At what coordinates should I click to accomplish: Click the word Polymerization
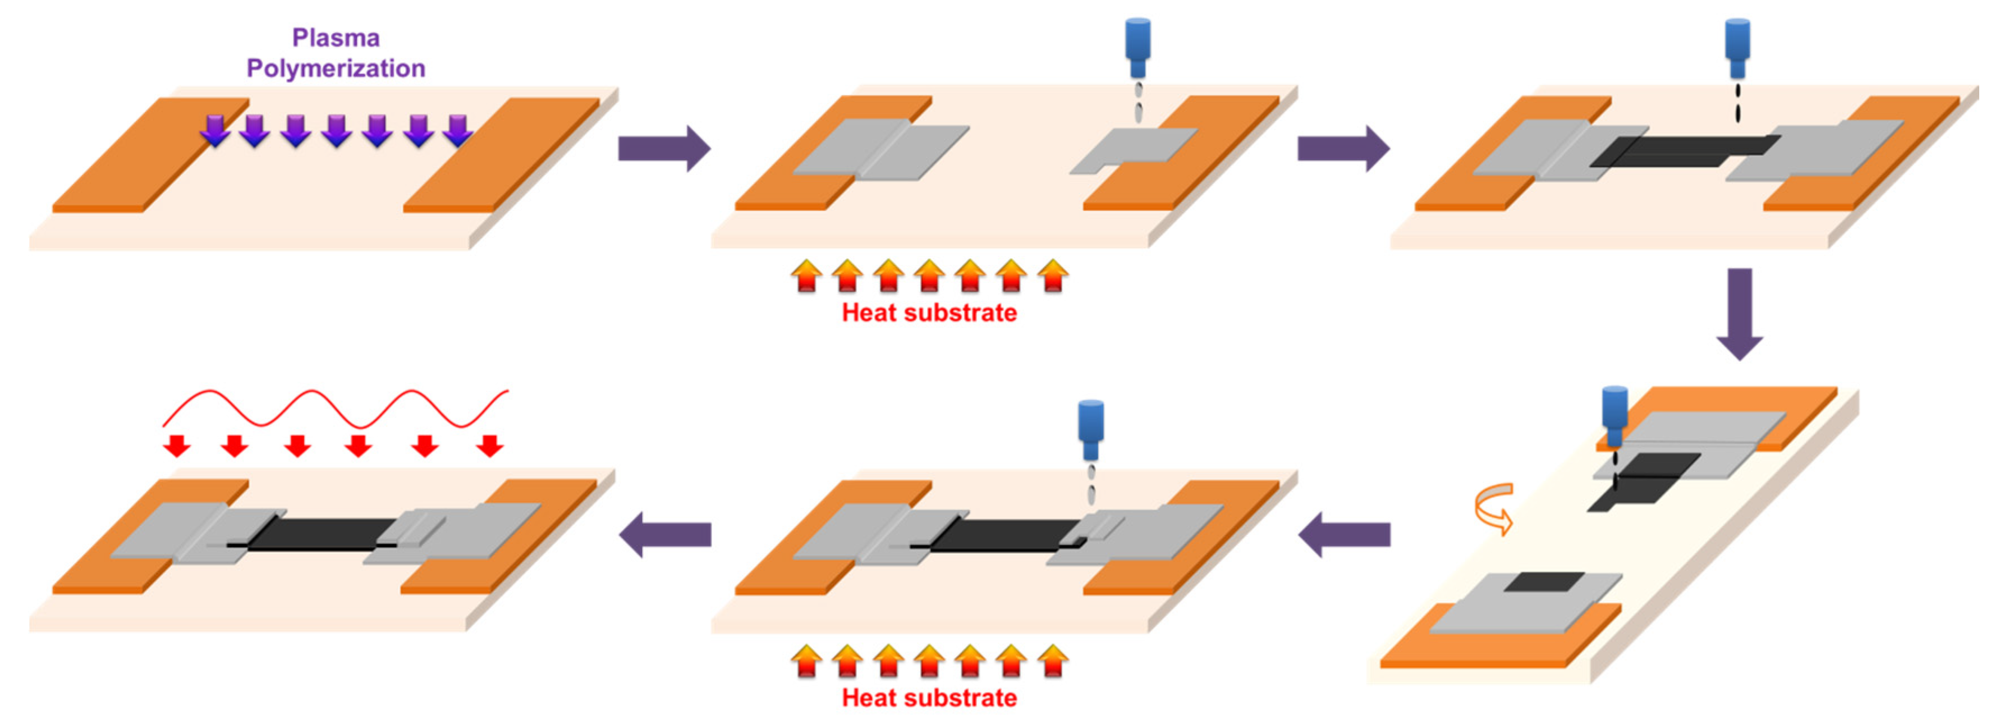click(336, 68)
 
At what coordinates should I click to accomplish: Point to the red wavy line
click(336, 407)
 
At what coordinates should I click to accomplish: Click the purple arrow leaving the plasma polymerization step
click(664, 148)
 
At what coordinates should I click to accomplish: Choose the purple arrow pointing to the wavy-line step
click(666, 534)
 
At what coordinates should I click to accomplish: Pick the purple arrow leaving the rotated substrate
click(1344, 534)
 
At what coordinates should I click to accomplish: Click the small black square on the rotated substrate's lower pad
click(1543, 581)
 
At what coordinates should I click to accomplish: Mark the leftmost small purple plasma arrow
click(215, 130)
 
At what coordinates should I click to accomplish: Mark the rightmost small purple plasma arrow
click(458, 130)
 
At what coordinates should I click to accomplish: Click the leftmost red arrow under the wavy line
click(177, 446)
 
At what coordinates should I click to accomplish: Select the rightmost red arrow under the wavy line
click(489, 446)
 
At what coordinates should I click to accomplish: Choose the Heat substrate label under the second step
click(929, 313)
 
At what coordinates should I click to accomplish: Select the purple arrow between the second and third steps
click(1343, 148)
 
